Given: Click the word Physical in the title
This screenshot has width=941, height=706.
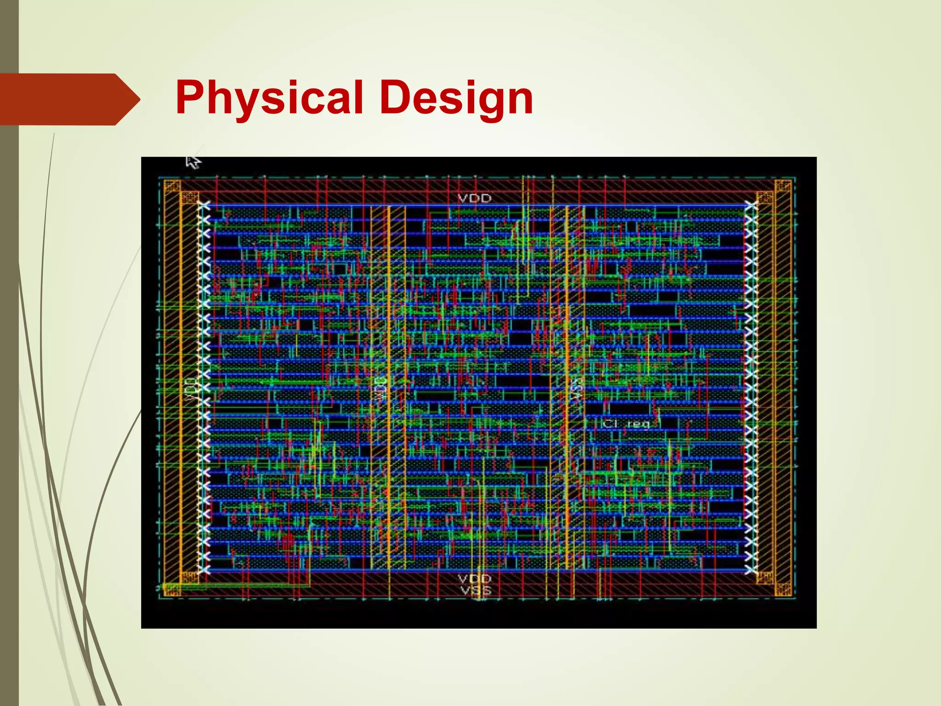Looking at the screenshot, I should click(269, 98).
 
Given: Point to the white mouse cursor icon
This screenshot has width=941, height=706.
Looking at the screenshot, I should click(193, 162).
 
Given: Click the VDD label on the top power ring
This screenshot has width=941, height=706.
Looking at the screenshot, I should click(475, 198).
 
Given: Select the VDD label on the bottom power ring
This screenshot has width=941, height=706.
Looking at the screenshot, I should click(475, 578).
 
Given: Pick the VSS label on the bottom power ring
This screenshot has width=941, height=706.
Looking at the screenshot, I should click(476, 590).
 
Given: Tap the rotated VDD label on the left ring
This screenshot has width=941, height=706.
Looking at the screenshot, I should click(191, 389).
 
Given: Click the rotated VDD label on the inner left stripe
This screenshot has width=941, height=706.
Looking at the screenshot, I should click(380, 389).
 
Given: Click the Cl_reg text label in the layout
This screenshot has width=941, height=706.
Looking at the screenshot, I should click(627, 423).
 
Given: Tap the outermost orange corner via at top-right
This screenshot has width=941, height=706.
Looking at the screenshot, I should click(782, 186).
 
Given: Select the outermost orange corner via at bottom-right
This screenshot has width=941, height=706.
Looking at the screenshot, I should click(782, 589).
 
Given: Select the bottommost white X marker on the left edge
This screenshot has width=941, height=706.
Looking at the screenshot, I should click(204, 570).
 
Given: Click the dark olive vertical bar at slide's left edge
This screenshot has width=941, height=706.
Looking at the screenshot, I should click(9, 414).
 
